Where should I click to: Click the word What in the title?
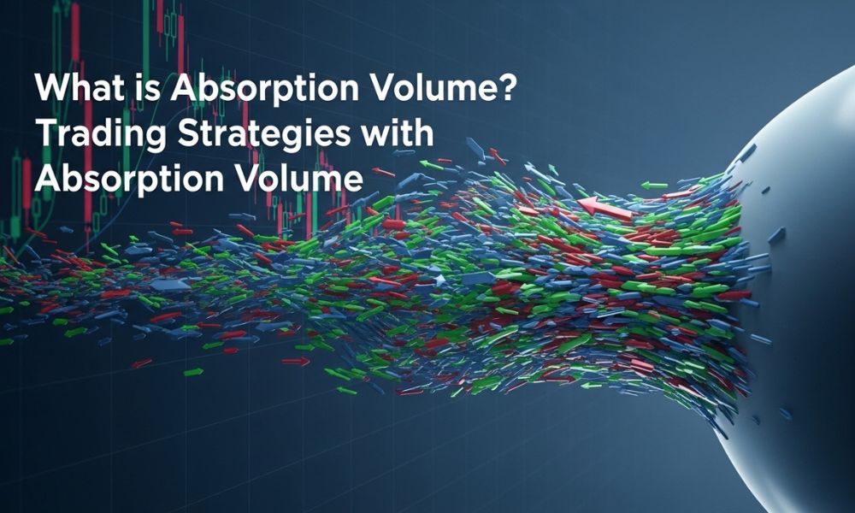(x=79, y=88)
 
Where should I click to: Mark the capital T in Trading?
(x=47, y=133)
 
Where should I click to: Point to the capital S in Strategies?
(x=189, y=133)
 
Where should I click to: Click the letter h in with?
(x=424, y=133)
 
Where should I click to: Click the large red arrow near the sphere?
(x=604, y=209)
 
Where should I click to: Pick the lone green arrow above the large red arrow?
(x=654, y=186)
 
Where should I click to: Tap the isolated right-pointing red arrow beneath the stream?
(x=295, y=361)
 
